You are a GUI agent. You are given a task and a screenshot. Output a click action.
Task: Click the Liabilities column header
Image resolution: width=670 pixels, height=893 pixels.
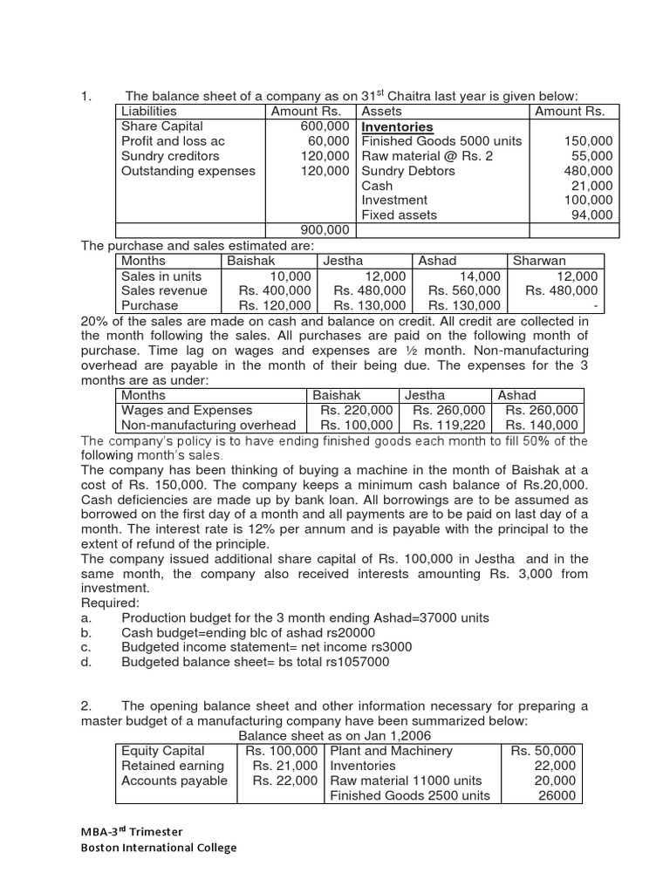(149, 111)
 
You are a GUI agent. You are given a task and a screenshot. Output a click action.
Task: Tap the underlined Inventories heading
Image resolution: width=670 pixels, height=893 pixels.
(397, 126)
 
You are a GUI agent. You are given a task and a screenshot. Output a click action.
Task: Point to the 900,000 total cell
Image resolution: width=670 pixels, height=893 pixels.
(325, 229)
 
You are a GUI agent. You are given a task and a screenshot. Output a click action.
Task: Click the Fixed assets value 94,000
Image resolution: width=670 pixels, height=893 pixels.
(593, 215)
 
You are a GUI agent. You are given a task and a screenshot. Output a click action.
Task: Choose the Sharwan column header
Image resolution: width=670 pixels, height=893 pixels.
(539, 261)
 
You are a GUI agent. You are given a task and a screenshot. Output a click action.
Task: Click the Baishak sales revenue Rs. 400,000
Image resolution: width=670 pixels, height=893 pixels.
(274, 290)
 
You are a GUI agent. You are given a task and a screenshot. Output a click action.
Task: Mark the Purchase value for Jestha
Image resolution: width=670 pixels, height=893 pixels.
(370, 305)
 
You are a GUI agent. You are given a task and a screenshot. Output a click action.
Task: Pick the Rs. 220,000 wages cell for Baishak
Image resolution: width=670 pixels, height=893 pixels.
(356, 410)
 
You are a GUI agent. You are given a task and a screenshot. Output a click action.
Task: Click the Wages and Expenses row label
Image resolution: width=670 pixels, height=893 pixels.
(187, 410)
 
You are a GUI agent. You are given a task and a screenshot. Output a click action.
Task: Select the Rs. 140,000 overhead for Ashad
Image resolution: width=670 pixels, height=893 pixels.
(541, 425)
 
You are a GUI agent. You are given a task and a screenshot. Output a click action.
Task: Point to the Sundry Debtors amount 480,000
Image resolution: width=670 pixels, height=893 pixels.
(590, 171)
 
